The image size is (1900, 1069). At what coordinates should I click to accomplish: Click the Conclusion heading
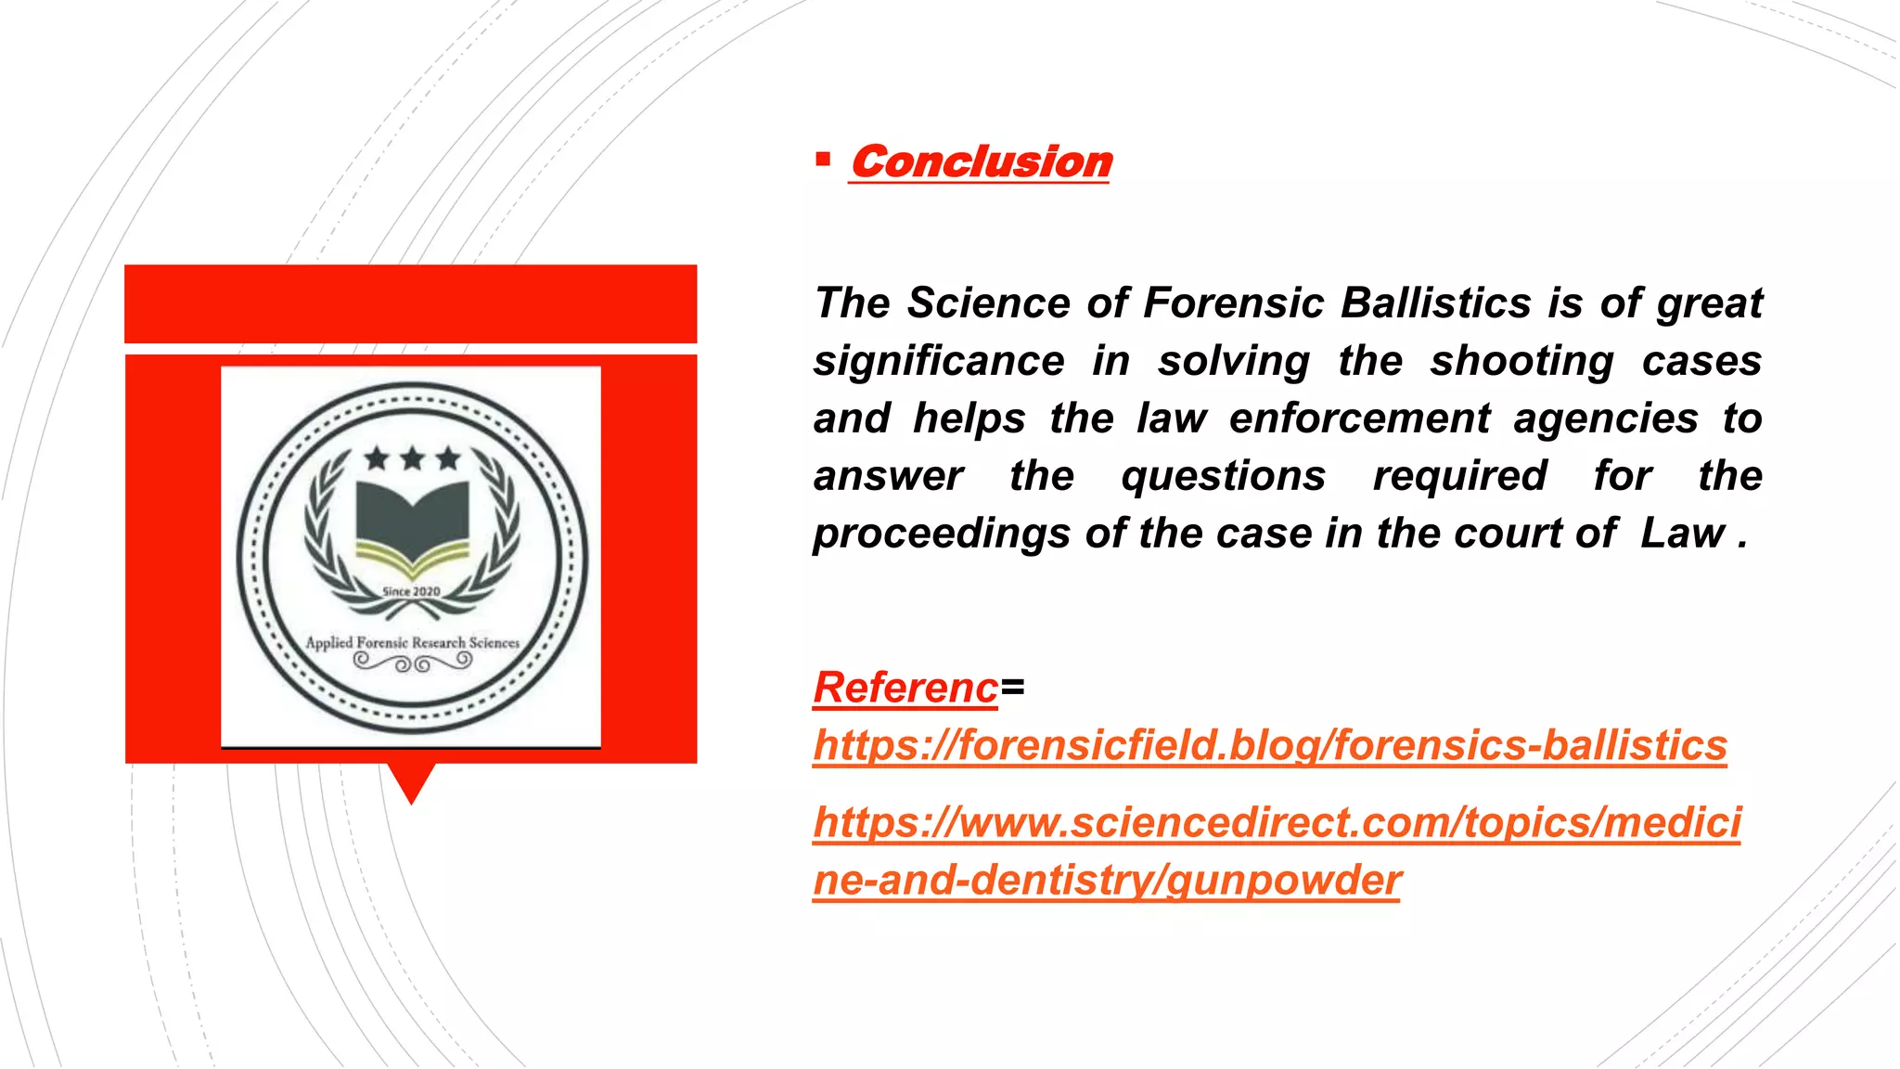981,162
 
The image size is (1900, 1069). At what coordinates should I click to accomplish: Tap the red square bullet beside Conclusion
822,160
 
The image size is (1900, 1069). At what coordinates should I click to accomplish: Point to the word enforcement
1359,419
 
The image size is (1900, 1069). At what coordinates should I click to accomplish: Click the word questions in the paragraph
1223,476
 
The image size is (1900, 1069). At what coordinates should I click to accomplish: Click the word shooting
1521,361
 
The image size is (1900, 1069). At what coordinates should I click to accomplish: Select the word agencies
1606,419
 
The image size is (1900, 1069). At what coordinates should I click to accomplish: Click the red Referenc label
905,688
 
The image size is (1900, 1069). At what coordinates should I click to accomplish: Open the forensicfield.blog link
1269,745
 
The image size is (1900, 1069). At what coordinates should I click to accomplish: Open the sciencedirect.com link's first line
1277,822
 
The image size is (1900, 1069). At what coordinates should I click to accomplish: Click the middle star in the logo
412,457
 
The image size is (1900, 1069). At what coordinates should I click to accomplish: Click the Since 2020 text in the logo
412,592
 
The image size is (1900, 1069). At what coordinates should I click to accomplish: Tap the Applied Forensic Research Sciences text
412,642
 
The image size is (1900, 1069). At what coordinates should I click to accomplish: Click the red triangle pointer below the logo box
411,782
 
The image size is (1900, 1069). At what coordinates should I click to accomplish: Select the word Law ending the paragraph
1682,534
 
